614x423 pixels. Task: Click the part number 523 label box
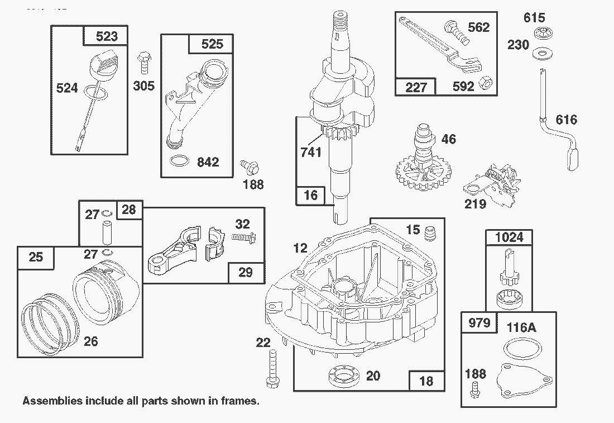point(106,36)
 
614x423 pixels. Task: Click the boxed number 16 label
point(310,194)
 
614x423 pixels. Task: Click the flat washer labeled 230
point(540,54)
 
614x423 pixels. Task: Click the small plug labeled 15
point(430,233)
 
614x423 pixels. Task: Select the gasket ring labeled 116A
point(521,351)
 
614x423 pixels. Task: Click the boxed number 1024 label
point(509,237)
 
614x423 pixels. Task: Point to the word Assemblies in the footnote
point(52,401)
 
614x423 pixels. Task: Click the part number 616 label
point(566,120)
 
